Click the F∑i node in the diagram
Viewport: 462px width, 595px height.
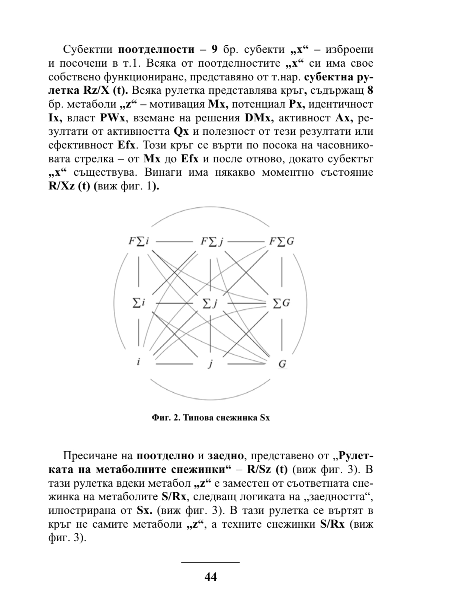click(x=139, y=241)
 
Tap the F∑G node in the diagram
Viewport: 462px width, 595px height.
click(x=282, y=241)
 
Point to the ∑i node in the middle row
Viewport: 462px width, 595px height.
click(x=138, y=303)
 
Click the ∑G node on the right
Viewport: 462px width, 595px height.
click(x=281, y=303)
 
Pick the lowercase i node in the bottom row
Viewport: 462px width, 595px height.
click(x=138, y=362)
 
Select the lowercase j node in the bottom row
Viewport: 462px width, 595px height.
click(x=210, y=364)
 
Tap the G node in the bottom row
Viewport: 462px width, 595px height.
click(x=282, y=364)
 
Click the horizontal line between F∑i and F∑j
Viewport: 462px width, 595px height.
click(x=174, y=242)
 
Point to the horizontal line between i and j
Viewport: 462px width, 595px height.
click(x=174, y=364)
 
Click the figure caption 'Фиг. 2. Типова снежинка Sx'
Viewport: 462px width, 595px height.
click(x=211, y=418)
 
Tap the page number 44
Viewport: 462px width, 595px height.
click(x=211, y=577)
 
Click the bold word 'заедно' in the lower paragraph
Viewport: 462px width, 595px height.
click(x=225, y=456)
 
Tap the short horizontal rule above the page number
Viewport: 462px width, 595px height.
click(x=211, y=562)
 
